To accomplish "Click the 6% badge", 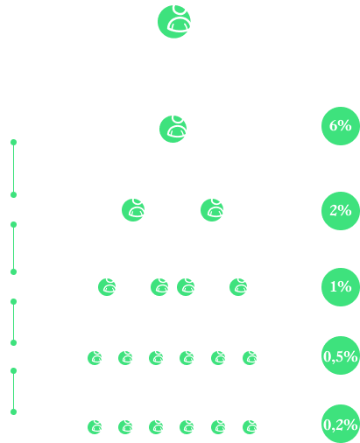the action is pyautogui.click(x=341, y=126).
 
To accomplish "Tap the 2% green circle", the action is pyautogui.click(x=341, y=211).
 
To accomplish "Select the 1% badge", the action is pyautogui.click(x=341, y=287).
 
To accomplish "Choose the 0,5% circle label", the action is pyautogui.click(x=341, y=355).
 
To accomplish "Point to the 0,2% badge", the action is pyautogui.click(x=341, y=424).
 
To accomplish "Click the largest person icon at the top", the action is pyautogui.click(x=174, y=21).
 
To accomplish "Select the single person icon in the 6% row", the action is pyautogui.click(x=173, y=129).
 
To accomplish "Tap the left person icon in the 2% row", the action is pyautogui.click(x=133, y=210).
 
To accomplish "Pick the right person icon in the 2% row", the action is pyautogui.click(x=212, y=210).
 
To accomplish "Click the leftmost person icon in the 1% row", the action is pyautogui.click(x=107, y=287).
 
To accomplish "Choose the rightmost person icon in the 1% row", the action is pyautogui.click(x=238, y=287).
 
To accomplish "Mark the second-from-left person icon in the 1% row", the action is pyautogui.click(x=159, y=287).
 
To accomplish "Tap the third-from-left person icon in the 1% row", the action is pyautogui.click(x=186, y=287).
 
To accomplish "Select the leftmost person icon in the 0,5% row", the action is pyautogui.click(x=95, y=358).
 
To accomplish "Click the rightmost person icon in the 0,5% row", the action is pyautogui.click(x=250, y=358).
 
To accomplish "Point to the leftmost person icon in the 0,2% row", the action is pyautogui.click(x=95, y=427).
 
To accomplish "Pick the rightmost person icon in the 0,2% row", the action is pyautogui.click(x=250, y=427).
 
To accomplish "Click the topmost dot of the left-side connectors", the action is pyautogui.click(x=13, y=142).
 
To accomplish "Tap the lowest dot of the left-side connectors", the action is pyautogui.click(x=13, y=411).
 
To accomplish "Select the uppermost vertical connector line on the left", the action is pyautogui.click(x=13, y=168).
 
